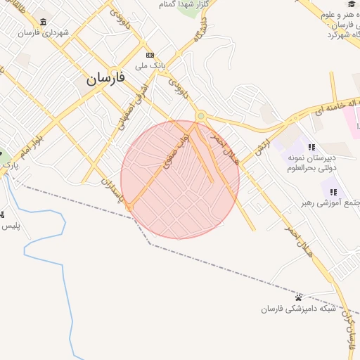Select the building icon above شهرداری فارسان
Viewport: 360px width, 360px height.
(44, 21)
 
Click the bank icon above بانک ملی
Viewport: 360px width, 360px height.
(150, 55)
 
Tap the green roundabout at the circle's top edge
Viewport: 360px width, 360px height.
(200, 116)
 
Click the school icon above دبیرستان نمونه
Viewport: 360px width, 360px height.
(311, 147)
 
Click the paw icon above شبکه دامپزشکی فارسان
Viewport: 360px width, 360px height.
(299, 298)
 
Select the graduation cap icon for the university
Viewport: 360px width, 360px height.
(349, 4)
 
